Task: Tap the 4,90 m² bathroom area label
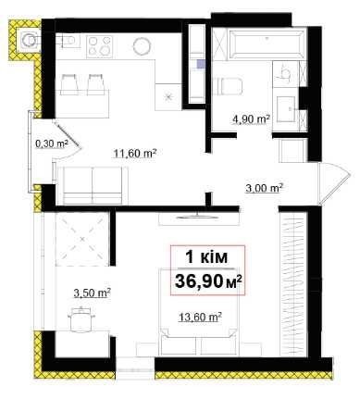click(252, 118)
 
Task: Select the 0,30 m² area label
click(53, 143)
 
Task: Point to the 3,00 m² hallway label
click(265, 187)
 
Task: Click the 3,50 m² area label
click(93, 293)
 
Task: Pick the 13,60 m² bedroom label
click(201, 317)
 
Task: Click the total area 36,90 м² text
click(208, 281)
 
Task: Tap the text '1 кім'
click(206, 257)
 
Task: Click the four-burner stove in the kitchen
click(99, 46)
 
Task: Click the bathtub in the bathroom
click(266, 43)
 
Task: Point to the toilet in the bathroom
click(228, 86)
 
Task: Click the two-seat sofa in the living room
click(93, 185)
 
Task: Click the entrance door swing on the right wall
click(334, 182)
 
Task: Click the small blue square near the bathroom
click(201, 64)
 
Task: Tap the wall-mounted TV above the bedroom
click(196, 217)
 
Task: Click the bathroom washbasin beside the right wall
click(286, 109)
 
